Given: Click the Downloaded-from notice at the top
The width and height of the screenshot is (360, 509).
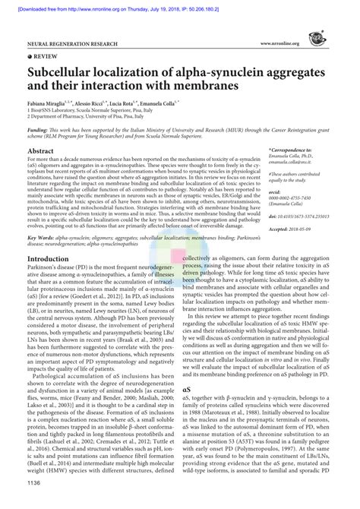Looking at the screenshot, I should click(x=179, y=5).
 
